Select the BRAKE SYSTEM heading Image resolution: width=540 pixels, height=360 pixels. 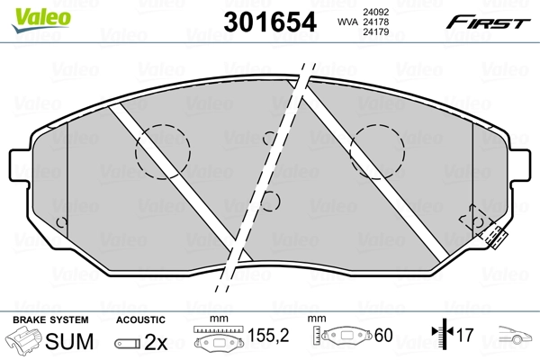tap(49, 320)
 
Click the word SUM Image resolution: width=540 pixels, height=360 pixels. tap(69, 341)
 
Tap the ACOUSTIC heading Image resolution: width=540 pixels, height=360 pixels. tap(140, 320)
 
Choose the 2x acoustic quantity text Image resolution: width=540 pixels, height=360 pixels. tap(157, 341)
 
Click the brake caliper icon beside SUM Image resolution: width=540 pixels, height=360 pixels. tap(24, 342)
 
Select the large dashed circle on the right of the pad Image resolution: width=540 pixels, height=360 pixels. tap(378, 150)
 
